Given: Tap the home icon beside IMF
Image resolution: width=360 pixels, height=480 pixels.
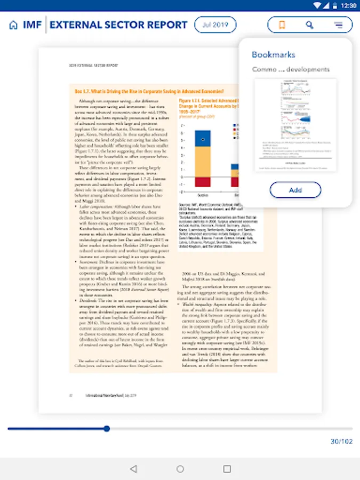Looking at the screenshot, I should coord(13,25).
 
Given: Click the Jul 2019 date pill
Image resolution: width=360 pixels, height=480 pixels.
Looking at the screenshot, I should coord(215,25).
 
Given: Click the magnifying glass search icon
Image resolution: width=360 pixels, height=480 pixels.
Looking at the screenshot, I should coord(310,25).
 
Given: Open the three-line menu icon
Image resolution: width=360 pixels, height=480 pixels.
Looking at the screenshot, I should coord(338,25).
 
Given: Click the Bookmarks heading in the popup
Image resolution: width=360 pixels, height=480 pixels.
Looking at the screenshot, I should coord(273,54).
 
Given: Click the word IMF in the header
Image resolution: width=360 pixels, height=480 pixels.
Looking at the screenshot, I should coord(33,25).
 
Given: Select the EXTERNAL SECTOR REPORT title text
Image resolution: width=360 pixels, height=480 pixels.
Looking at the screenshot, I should coord(118,25).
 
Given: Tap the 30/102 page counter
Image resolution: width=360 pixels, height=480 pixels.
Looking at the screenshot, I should coord(341,441).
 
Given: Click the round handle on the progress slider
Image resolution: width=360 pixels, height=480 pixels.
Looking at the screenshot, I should coord(107,428).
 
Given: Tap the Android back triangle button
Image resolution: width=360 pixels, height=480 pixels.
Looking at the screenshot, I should coord(133,469).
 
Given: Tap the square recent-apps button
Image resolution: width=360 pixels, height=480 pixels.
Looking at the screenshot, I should coord(227,469).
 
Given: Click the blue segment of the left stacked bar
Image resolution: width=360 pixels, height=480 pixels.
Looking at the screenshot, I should coord(203,138).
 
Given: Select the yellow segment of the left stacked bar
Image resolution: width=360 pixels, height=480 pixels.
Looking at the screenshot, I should coord(203,162).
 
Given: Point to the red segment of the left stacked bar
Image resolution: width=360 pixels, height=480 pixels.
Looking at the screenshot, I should coord(203,182).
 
